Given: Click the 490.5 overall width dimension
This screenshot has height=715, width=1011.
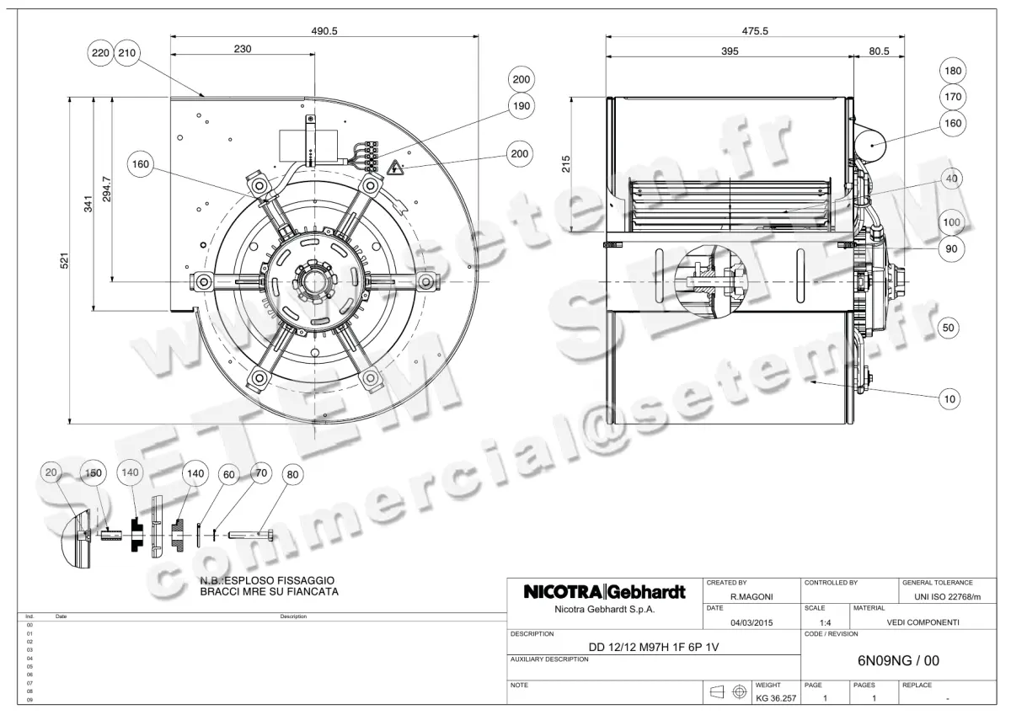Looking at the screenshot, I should tap(324, 30).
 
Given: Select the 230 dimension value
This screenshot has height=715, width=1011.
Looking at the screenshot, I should tap(243, 50).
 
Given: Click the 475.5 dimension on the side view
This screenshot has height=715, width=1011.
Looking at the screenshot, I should tap(754, 30).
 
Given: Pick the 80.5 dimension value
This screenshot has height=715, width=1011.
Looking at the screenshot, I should tap(879, 51).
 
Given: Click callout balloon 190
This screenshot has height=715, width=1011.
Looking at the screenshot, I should tap(521, 106).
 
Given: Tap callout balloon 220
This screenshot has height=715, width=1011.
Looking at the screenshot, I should tap(100, 53).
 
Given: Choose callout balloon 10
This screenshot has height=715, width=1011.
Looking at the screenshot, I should tap(949, 399).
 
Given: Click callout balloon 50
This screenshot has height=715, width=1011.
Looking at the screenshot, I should tap(949, 328).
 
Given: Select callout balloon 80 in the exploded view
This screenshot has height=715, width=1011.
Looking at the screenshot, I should tap(292, 474).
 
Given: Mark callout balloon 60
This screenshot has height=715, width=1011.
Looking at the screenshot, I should tap(228, 474).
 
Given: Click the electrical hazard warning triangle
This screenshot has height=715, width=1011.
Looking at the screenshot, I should tap(395, 169).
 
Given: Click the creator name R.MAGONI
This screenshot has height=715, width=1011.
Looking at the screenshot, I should tap(752, 596).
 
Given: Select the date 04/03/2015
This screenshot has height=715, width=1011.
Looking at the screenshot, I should tap(752, 622).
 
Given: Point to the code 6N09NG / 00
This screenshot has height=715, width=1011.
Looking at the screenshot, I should tap(898, 661).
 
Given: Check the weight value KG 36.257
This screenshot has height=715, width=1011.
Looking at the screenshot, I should tap(776, 699).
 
